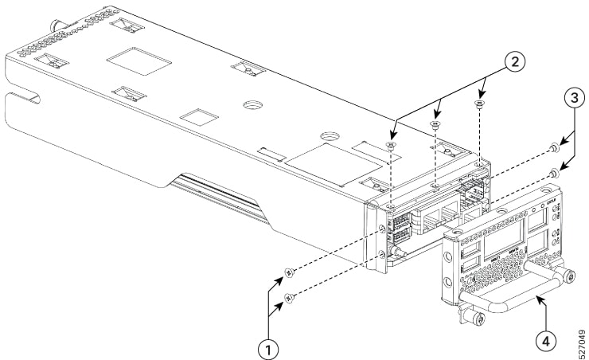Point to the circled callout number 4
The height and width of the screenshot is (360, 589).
[x=544, y=338]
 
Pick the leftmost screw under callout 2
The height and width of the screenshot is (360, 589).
[x=390, y=145]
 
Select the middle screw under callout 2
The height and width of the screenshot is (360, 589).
[x=435, y=124]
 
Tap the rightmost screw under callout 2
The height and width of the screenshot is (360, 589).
[x=479, y=104]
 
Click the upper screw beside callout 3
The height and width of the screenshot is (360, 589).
[x=554, y=149]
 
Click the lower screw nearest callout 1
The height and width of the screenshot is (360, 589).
[x=290, y=297]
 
